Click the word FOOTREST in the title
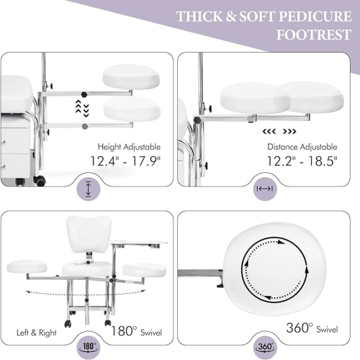click(x=314, y=35)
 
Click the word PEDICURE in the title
click(x=315, y=17)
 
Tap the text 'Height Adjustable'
click(x=129, y=147)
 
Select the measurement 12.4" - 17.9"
click(x=125, y=161)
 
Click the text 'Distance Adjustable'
click(x=302, y=147)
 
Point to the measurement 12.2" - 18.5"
click(x=302, y=161)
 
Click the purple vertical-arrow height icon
click(x=89, y=189)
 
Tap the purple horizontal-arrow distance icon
click(x=265, y=189)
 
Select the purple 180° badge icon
click(x=89, y=347)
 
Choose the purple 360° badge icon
click(x=265, y=347)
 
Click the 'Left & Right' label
click(x=37, y=333)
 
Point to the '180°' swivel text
click(x=124, y=330)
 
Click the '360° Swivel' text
click(x=312, y=328)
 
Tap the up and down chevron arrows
click(x=82, y=109)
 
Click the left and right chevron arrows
click(x=279, y=132)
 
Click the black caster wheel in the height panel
click(x=40, y=181)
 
